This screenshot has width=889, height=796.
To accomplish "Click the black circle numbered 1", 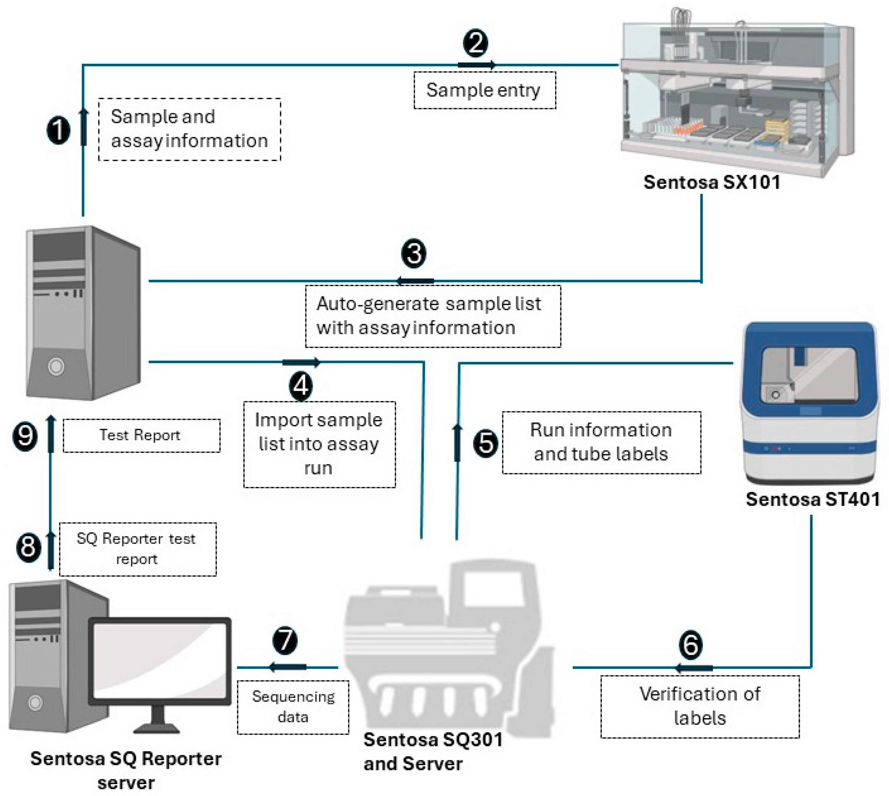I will click(58, 130).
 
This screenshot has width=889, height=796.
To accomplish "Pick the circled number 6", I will click(691, 645).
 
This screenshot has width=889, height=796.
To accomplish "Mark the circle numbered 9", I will click(25, 436).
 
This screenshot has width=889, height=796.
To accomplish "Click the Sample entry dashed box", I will click(484, 90).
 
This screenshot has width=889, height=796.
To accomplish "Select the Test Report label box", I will click(141, 436).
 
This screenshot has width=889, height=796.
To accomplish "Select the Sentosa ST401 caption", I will click(812, 499).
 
